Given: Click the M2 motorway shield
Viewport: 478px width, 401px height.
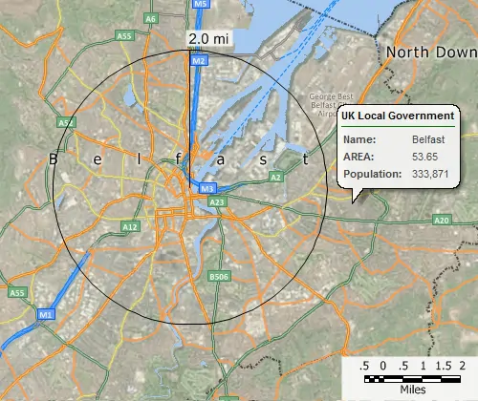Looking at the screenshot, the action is coord(198,61).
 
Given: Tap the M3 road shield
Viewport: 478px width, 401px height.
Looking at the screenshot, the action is coord(208,189).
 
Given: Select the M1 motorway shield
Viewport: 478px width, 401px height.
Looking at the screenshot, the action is coord(46,313).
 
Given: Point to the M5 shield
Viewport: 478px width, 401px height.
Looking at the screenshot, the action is coord(200,5).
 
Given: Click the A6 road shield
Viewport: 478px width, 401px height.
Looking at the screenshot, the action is coord(151,18).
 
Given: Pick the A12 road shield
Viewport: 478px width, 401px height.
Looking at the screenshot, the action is coord(131,226).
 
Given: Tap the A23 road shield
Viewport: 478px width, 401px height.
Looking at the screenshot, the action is coord(217,202).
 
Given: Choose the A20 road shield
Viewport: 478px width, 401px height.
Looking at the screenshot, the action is coord(441,220).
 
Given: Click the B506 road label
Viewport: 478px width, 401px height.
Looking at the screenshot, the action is coord(220,278).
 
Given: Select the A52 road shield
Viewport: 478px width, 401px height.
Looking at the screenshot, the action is coord(65,123).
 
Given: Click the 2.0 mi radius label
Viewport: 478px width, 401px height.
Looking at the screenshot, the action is coord(206,39).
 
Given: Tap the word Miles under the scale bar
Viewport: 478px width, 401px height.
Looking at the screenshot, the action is coord(413,390).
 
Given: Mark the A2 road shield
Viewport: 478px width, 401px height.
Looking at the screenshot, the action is coord(275,178).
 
